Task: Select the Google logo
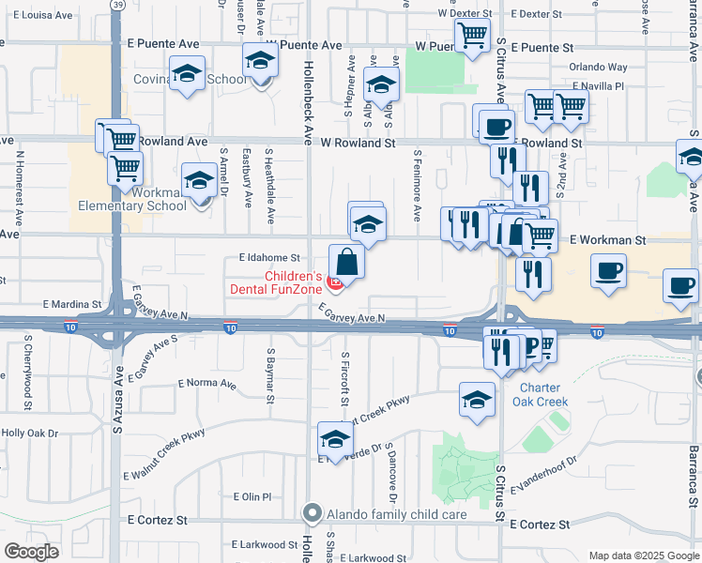(31, 552)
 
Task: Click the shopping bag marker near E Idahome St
(346, 262)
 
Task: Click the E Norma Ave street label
(206, 383)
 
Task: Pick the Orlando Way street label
(599, 68)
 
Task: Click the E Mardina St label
(71, 305)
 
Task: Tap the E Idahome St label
(268, 256)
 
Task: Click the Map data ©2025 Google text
(643, 555)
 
